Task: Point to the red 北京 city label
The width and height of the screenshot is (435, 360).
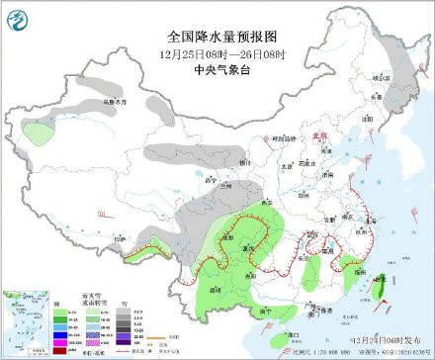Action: click(x=317, y=138)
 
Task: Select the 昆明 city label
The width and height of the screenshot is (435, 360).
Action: click(x=215, y=288)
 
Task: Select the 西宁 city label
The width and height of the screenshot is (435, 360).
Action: click(x=209, y=181)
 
